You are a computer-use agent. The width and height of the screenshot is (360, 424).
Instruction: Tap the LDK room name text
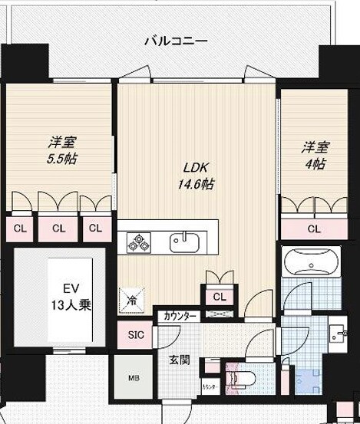point(195,168)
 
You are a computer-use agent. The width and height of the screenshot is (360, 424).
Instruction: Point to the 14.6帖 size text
point(197,184)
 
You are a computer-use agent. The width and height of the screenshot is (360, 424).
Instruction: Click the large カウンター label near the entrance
point(179,315)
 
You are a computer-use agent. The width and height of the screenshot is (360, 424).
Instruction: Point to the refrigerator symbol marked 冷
point(132,299)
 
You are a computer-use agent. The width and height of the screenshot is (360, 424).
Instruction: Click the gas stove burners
point(140,242)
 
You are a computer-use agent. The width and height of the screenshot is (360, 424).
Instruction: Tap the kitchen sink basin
point(184,242)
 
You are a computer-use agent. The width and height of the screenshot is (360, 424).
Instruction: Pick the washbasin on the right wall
point(338,334)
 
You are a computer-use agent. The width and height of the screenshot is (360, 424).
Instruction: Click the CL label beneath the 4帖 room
point(313,228)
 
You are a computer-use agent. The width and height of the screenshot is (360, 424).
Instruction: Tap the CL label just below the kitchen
point(219,296)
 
